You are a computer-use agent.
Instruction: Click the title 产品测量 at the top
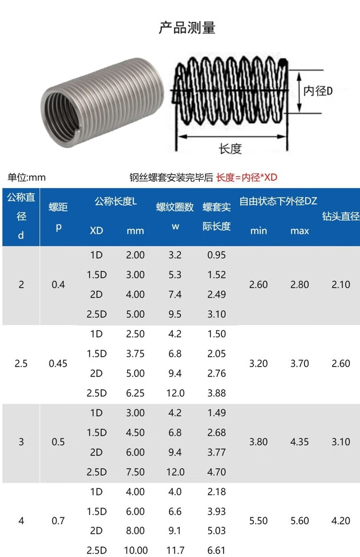(187, 28)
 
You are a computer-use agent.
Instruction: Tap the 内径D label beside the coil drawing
(318, 91)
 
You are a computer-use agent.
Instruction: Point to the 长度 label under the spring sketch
(230, 149)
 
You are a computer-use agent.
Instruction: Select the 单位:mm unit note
(27, 177)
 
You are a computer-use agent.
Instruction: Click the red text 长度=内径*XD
(247, 177)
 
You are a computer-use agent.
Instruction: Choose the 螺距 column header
(58, 207)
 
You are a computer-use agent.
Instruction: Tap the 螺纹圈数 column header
(175, 207)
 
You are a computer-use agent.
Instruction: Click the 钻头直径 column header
(341, 216)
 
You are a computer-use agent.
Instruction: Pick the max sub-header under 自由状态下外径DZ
(300, 231)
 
